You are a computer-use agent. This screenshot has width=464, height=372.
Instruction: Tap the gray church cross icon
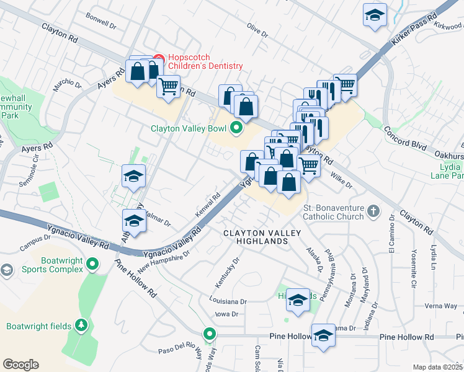373,211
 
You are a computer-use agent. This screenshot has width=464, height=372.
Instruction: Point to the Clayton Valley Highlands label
262,236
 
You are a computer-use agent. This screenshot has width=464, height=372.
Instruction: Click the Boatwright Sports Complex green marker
92,265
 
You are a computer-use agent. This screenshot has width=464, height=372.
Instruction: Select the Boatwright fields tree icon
80,325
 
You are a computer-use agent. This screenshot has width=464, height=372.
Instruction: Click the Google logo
20,364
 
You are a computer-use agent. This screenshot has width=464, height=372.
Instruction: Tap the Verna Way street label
442,306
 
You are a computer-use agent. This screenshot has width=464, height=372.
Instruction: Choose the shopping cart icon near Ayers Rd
168,87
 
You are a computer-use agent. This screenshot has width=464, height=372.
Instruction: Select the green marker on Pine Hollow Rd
210,335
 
